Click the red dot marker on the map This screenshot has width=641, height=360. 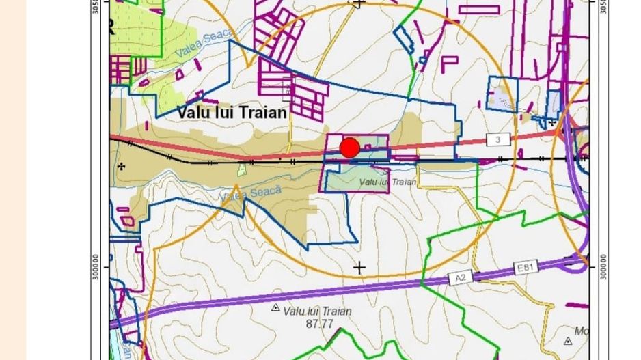click(349, 148)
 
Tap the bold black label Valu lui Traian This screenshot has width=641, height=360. click(232, 112)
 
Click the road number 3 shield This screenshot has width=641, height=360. click(498, 139)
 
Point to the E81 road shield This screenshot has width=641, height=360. click(524, 268)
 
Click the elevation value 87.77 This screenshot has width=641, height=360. click(320, 324)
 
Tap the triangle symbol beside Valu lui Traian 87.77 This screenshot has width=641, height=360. click(275, 308)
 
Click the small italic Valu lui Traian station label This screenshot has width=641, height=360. click(387, 182)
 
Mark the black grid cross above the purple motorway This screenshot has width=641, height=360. click(359, 268)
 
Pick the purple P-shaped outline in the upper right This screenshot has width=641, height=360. click(448, 64)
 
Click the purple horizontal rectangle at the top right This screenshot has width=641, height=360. click(478, 10)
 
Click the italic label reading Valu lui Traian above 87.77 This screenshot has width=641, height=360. click(318, 311)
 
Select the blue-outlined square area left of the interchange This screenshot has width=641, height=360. click(502, 94)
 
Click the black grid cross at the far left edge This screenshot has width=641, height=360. click(122, 166)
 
